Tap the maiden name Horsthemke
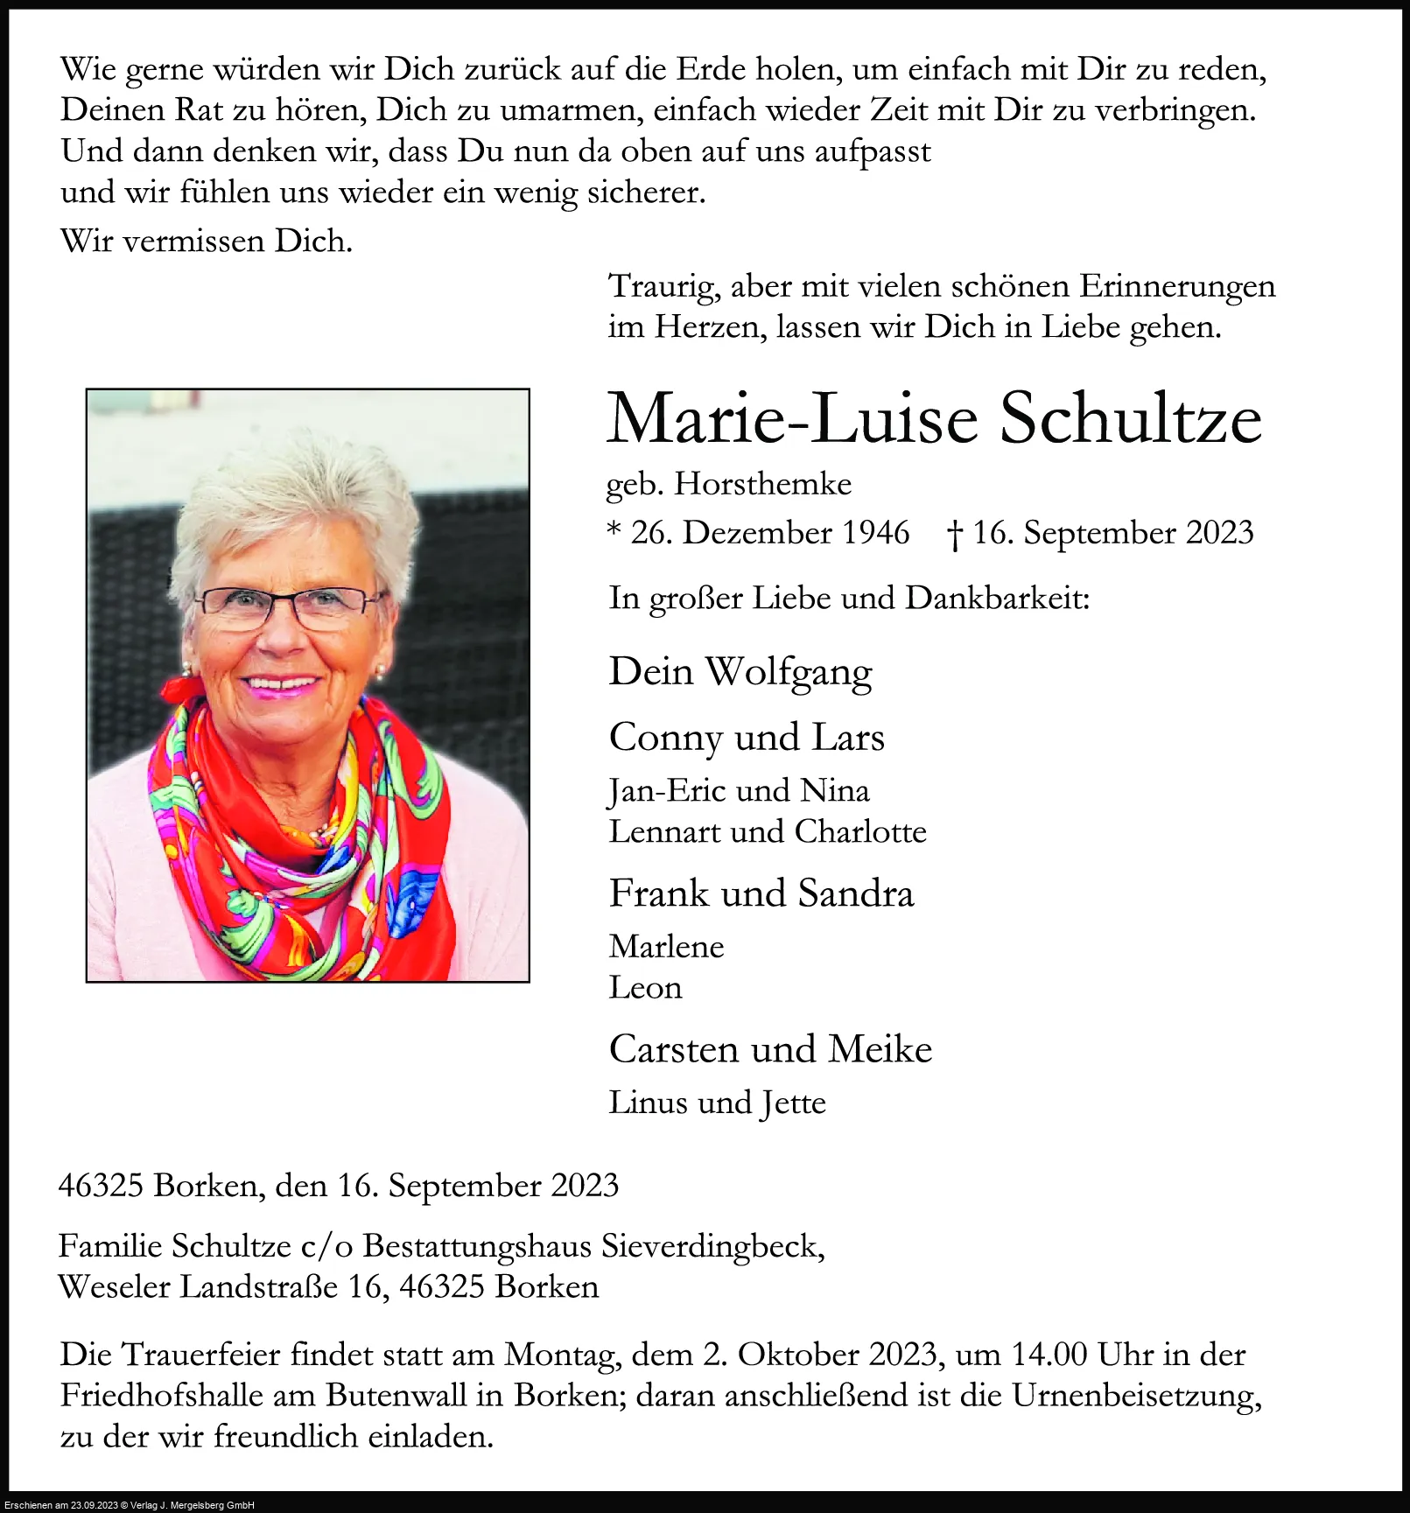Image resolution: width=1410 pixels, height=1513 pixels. [762, 484]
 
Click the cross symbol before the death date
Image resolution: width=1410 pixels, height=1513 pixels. [955, 534]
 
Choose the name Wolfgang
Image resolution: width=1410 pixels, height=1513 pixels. [789, 673]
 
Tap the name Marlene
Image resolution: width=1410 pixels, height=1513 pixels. [667, 947]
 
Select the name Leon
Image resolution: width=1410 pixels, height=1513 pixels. [645, 988]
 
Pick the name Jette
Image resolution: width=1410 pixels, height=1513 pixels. [793, 1103]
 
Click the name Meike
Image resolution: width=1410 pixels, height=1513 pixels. [880, 1049]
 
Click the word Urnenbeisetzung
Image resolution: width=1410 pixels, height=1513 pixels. [1136, 1396]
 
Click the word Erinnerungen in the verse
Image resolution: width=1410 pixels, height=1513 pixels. [1176, 287]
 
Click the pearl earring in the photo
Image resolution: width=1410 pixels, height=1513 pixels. [381, 670]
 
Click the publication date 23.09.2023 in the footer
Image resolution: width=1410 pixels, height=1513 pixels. [94, 1505]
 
